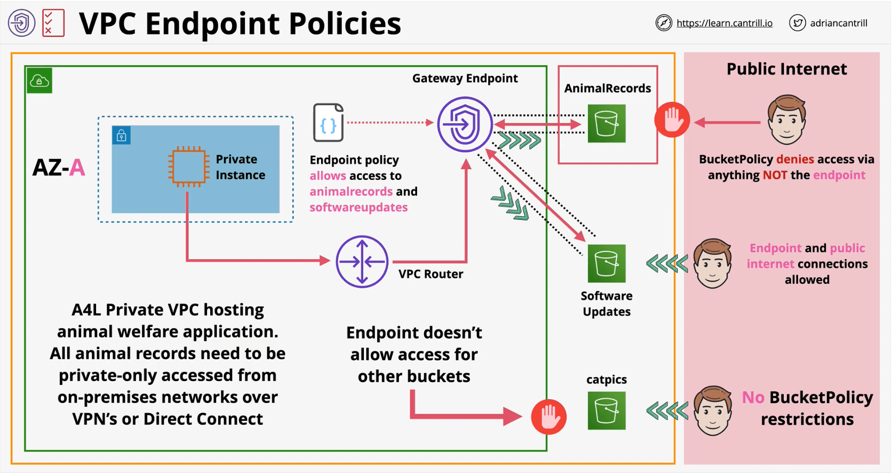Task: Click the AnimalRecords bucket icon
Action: [x=607, y=123]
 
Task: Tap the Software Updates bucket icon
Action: [x=607, y=263]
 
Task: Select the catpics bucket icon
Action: [x=607, y=411]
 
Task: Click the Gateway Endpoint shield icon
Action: [x=465, y=124]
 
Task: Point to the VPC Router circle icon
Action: [x=362, y=262]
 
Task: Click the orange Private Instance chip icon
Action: [x=187, y=167]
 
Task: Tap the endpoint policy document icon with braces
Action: [x=328, y=123]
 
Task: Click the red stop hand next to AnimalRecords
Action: [x=672, y=120]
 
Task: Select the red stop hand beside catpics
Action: [x=548, y=416]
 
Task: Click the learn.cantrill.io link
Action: [x=724, y=23]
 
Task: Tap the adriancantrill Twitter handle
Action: [x=838, y=23]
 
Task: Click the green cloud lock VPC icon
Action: [x=39, y=81]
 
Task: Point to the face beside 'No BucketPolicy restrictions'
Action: [x=713, y=411]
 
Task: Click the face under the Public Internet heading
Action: [x=786, y=120]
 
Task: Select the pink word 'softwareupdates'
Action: [x=359, y=207]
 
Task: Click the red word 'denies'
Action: [x=795, y=159]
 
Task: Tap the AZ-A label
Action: [x=59, y=168]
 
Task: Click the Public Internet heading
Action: [x=786, y=69]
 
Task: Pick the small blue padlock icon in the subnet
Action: [x=122, y=136]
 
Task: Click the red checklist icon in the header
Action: [x=53, y=23]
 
